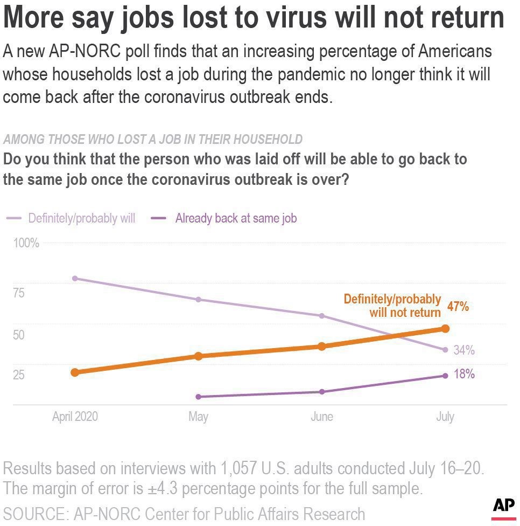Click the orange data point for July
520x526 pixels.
tap(445, 329)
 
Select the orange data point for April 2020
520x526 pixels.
tap(75, 372)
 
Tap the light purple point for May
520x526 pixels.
tap(198, 299)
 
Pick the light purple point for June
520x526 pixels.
tap(322, 316)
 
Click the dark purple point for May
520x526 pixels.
tap(198, 397)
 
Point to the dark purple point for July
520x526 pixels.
tap(445, 376)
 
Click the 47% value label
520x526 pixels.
tap(458, 306)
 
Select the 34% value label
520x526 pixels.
tap(464, 350)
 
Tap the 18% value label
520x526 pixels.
tap(464, 374)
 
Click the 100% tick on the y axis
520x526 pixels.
tap(26, 243)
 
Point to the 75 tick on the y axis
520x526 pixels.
tap(19, 293)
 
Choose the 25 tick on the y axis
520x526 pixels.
tap(19, 375)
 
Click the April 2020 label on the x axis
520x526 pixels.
tap(75, 417)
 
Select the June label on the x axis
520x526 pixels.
tap(322, 417)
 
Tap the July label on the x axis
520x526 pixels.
tap(445, 417)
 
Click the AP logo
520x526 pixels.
tap(504, 508)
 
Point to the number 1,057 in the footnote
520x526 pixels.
tap(238, 468)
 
